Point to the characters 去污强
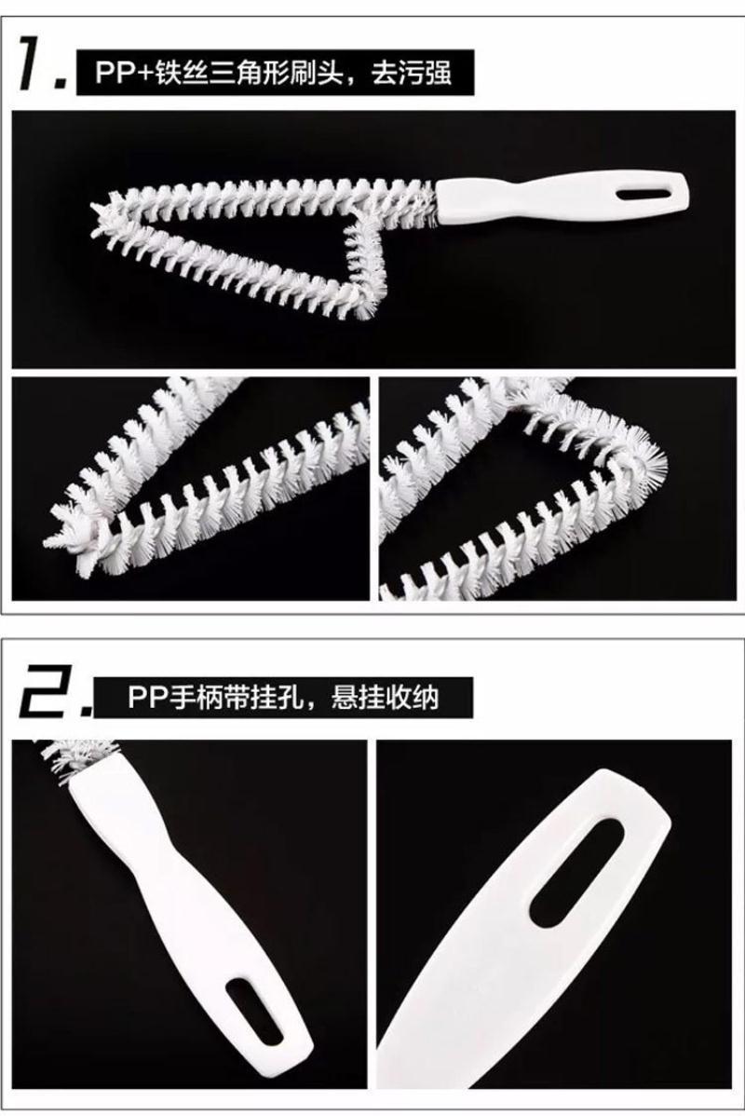411,73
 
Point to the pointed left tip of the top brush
95,211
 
